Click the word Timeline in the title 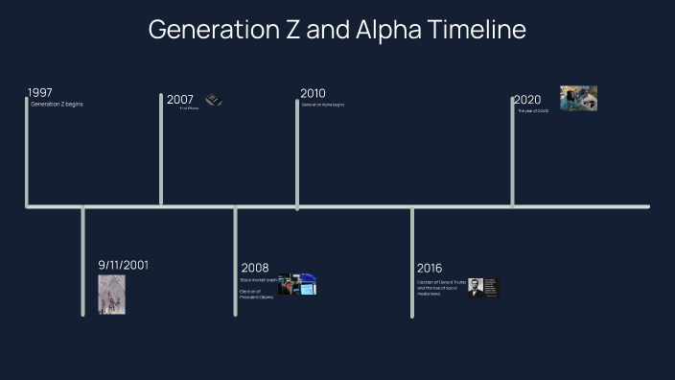click(x=476, y=30)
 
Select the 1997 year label click(x=40, y=93)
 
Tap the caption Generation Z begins click(x=57, y=104)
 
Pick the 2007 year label click(x=180, y=100)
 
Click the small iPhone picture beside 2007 click(x=214, y=100)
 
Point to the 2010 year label click(x=313, y=94)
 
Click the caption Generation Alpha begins click(x=323, y=105)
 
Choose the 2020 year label click(x=527, y=100)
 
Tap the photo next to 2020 click(x=578, y=98)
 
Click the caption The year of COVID click(x=533, y=111)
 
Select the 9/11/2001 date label click(x=123, y=265)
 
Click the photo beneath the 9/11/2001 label click(x=111, y=295)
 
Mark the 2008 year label click(x=255, y=268)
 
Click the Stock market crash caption click(x=259, y=279)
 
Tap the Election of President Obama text click(x=257, y=294)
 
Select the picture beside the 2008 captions click(x=297, y=284)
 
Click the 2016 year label click(x=431, y=268)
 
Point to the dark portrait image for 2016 click(x=484, y=288)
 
